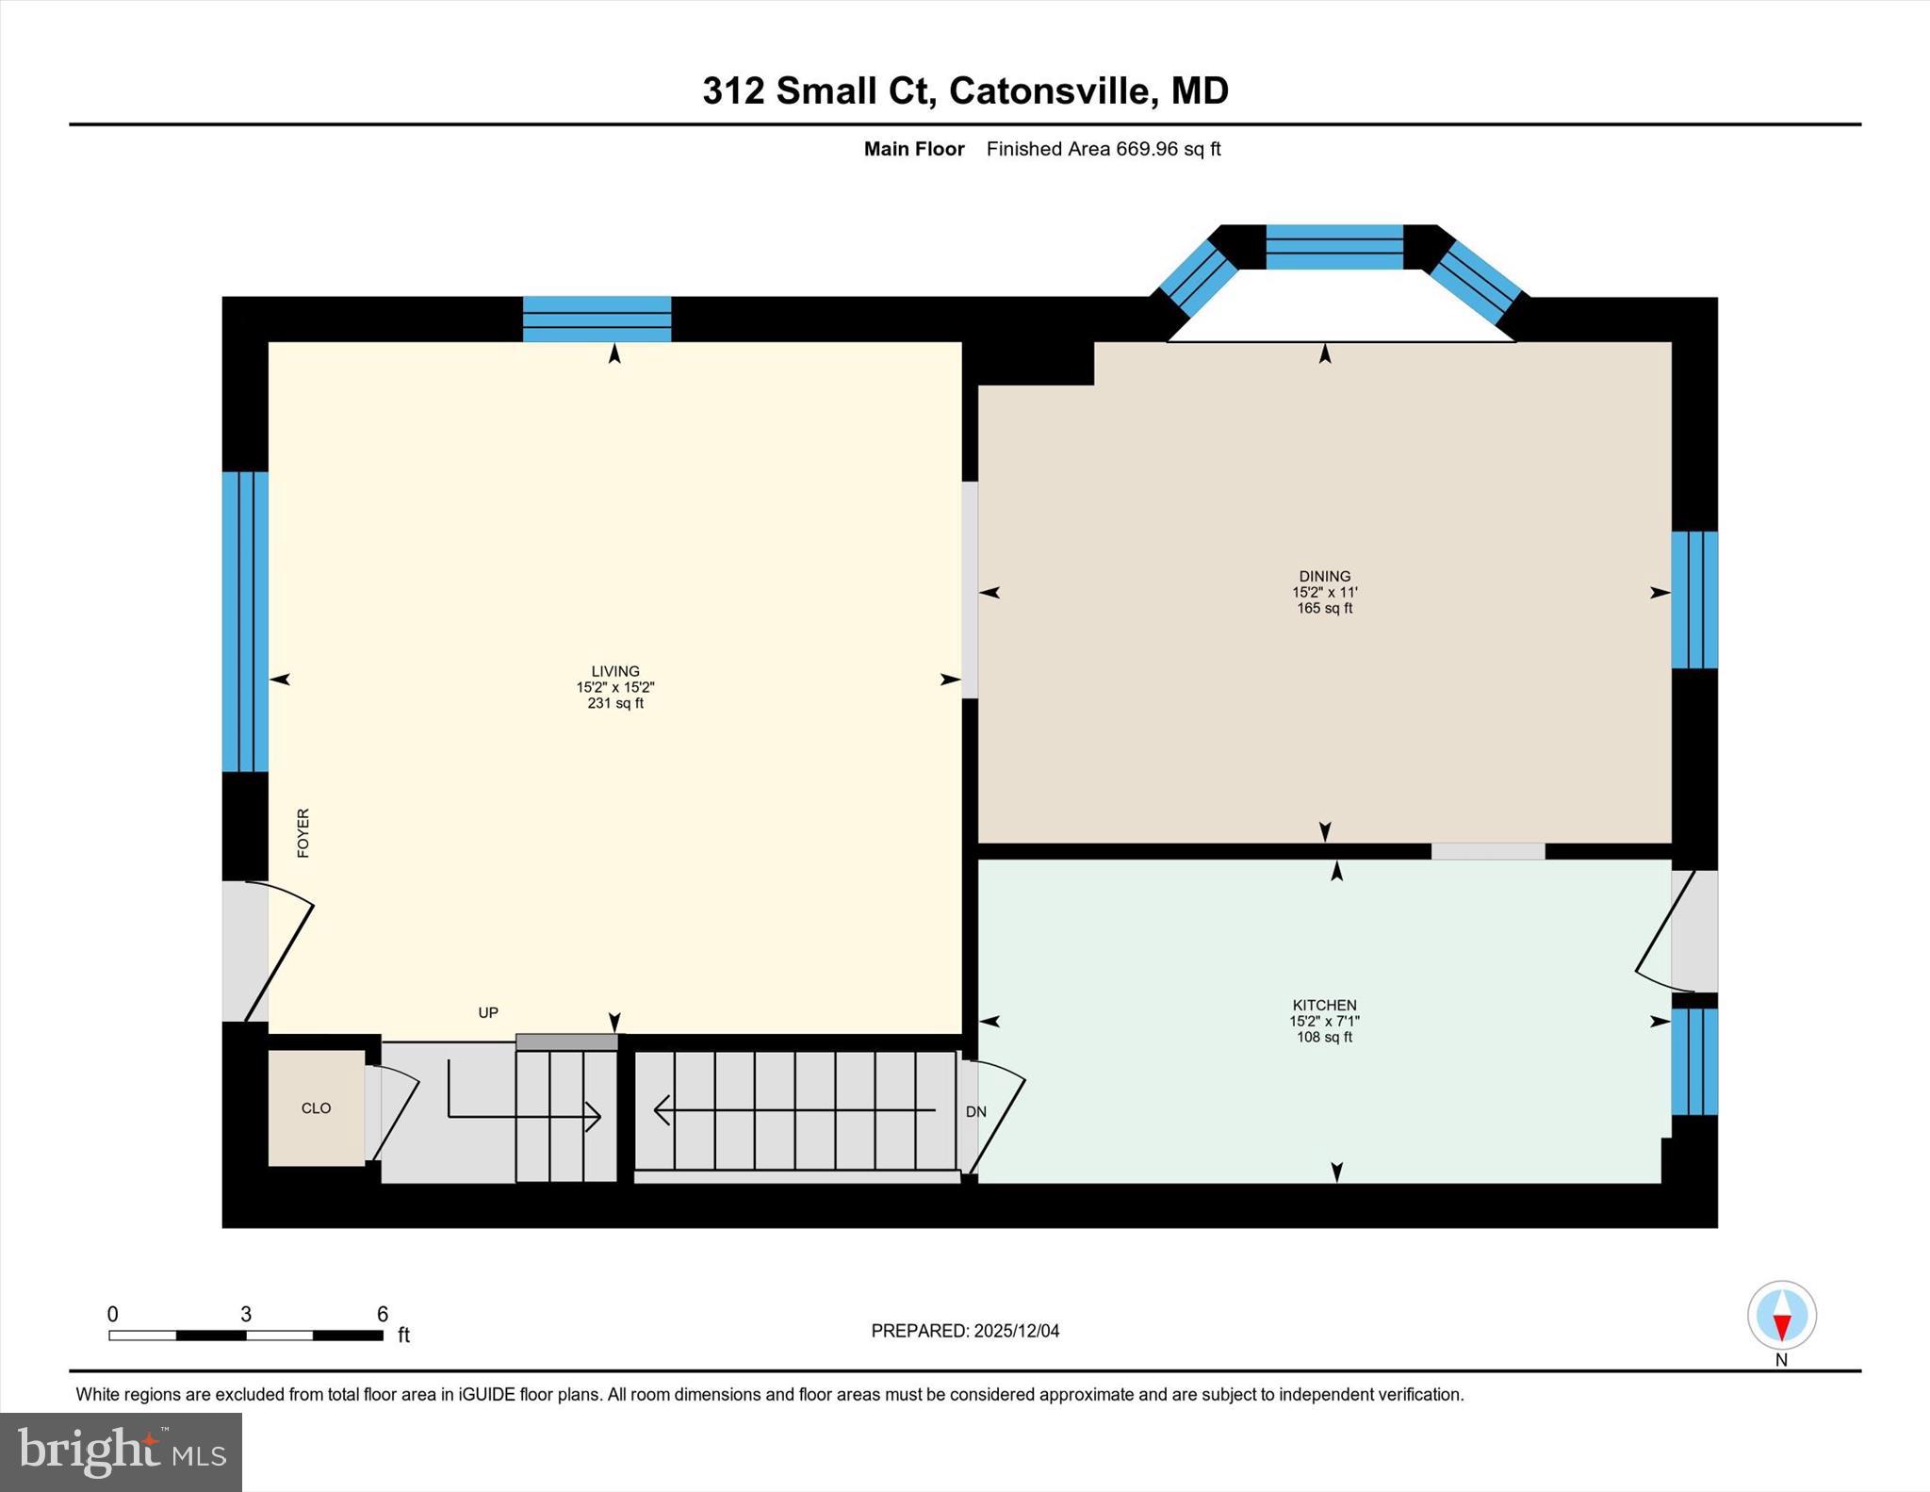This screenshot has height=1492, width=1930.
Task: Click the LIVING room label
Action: (x=615, y=671)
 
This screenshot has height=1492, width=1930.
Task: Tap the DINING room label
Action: (x=1324, y=576)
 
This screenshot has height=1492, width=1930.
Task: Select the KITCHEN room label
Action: (x=1324, y=1005)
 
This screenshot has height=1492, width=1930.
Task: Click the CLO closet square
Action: (x=316, y=1107)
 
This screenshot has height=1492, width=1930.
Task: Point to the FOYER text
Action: (x=303, y=832)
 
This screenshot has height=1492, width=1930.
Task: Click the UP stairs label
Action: (x=487, y=1012)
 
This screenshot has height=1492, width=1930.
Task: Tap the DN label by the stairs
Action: (x=975, y=1111)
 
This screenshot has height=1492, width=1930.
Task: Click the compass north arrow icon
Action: (x=1781, y=1315)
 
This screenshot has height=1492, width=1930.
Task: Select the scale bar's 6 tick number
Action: (x=382, y=1314)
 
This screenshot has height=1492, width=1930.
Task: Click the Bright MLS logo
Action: (x=121, y=1451)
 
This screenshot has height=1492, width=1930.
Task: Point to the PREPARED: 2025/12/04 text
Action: (x=965, y=1331)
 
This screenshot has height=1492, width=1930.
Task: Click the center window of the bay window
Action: (x=1333, y=247)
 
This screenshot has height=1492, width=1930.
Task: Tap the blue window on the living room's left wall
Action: (x=245, y=621)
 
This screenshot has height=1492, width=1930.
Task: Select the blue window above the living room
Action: (x=597, y=319)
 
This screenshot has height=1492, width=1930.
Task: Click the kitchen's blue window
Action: (x=1693, y=1061)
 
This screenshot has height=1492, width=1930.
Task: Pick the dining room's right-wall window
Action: (x=1693, y=599)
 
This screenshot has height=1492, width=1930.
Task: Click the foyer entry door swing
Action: (x=278, y=952)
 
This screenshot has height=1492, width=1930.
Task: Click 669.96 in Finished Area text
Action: (x=1147, y=149)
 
